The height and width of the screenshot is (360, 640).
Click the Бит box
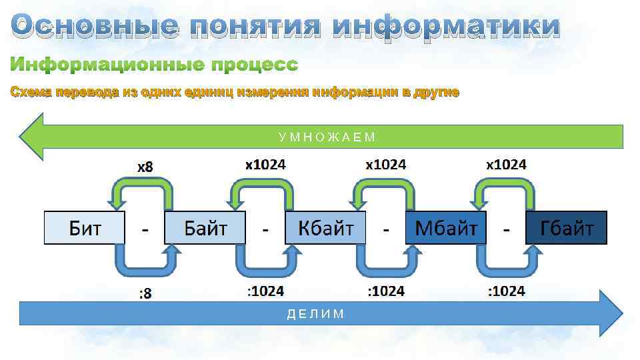(85, 228)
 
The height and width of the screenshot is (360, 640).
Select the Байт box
(205, 228)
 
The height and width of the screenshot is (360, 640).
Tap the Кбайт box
(325, 228)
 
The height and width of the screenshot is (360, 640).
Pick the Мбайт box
(446, 228)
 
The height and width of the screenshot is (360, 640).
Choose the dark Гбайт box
(567, 228)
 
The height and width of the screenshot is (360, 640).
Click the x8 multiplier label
(145, 167)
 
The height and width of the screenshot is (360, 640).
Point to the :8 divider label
(145, 293)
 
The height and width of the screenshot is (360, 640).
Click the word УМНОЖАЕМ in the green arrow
(327, 137)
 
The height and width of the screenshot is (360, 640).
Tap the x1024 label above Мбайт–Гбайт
(506, 164)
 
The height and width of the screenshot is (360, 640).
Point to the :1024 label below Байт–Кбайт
(265, 291)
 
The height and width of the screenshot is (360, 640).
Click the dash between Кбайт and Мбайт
(386, 229)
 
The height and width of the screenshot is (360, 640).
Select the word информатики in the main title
(446, 27)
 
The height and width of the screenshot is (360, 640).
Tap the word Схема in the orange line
(31, 93)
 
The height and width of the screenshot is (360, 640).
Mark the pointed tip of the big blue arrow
(621, 313)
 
